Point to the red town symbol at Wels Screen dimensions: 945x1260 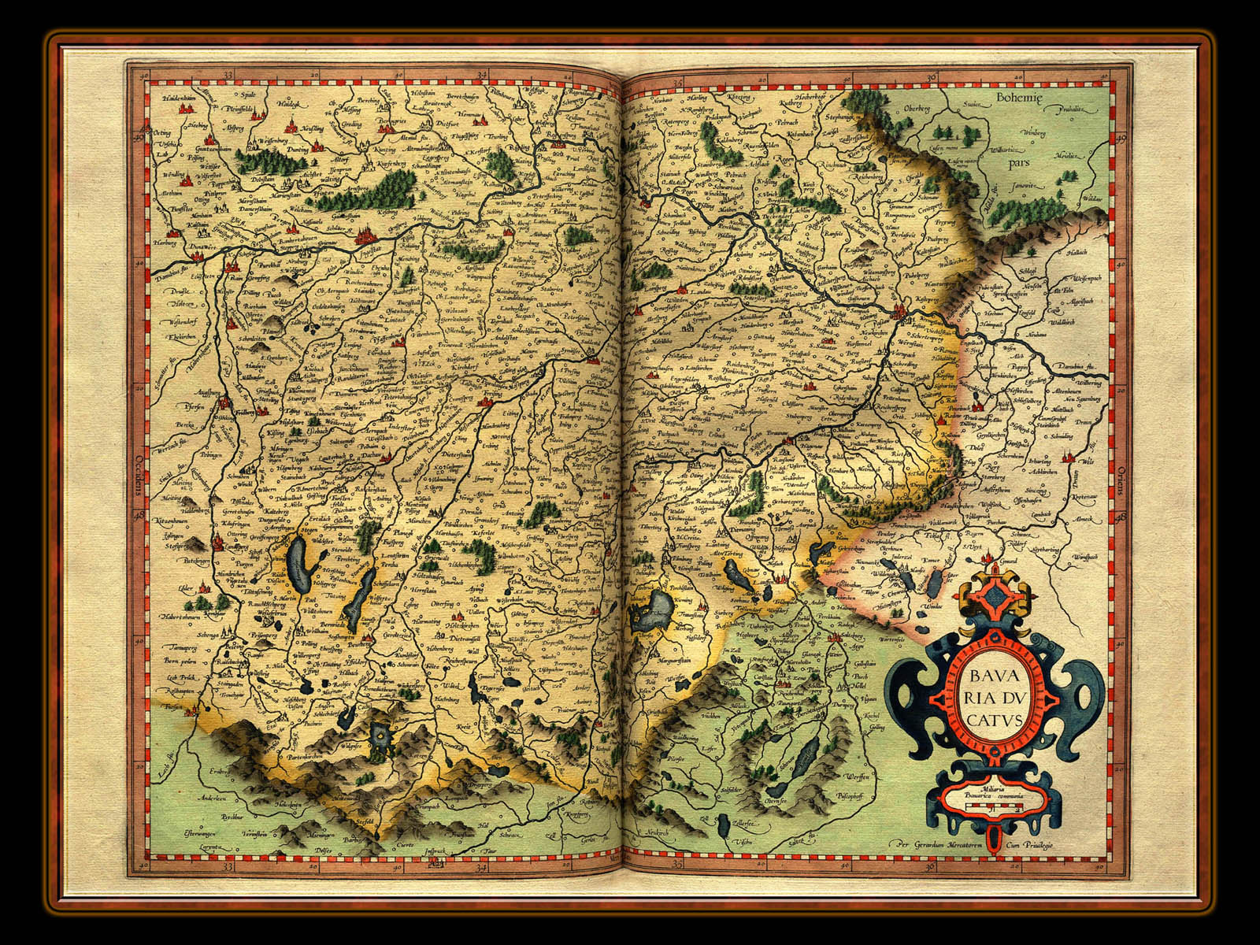click(x=1069, y=457)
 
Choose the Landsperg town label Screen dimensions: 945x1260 click(x=227, y=543)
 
